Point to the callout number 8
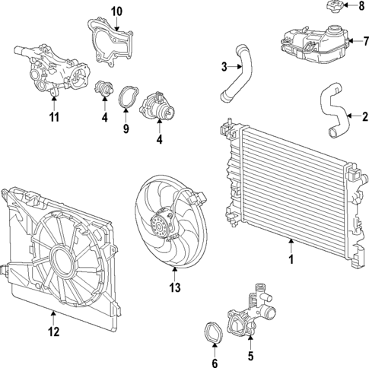point(361,7)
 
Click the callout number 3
point(224,68)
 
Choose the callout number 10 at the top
point(116,11)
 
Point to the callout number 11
point(54,117)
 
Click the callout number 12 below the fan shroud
point(52,331)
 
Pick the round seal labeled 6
point(215,332)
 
